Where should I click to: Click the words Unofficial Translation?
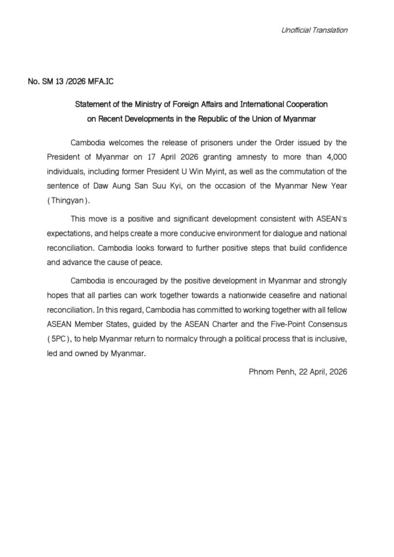(314, 30)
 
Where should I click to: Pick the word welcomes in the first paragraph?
(128, 142)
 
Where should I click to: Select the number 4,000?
(333, 157)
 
